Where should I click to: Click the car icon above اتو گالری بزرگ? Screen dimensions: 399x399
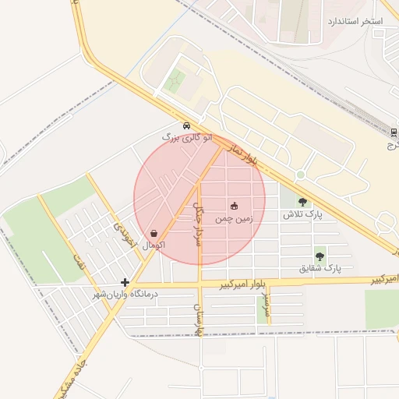(185, 126)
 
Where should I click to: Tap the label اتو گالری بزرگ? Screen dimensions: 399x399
(186, 137)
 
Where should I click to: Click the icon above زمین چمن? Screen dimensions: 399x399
(234, 207)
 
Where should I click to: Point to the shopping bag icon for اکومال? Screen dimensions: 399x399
(154, 233)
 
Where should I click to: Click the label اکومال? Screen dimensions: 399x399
(154, 245)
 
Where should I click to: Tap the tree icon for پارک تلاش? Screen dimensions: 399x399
(302, 202)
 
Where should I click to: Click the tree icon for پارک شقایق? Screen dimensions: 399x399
(320, 256)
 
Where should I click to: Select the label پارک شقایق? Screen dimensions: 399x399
(320, 268)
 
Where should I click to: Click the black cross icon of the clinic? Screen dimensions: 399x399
(125, 282)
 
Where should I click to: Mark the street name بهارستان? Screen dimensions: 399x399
(199, 320)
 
